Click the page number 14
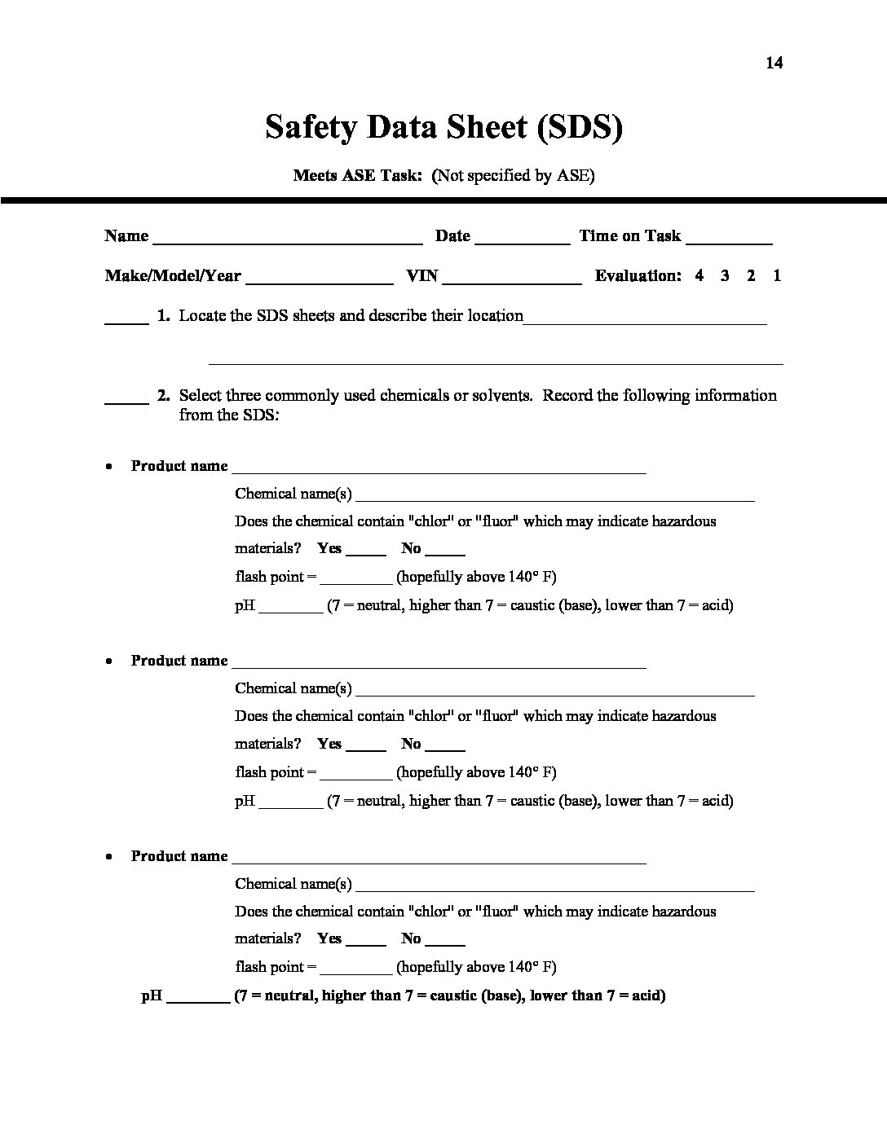[x=774, y=63]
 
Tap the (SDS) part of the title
[x=580, y=127]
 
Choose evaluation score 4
[x=699, y=275]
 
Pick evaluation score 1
[x=777, y=275]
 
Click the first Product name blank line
[x=439, y=470]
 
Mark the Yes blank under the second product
[x=365, y=748]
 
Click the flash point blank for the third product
[x=356, y=971]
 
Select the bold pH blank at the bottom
[x=198, y=1000]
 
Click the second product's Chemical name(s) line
[x=554, y=693]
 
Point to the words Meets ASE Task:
[x=357, y=175]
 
